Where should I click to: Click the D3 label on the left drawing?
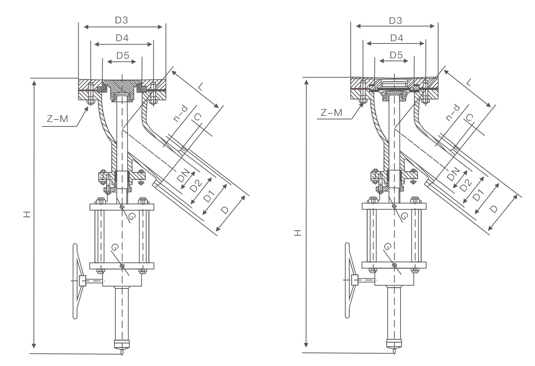(x=122, y=20)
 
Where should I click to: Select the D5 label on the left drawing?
(x=123, y=56)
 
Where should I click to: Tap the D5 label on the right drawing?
(x=396, y=55)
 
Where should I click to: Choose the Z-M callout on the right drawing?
(x=331, y=113)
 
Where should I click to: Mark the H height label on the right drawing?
(x=298, y=233)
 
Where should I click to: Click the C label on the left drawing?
(x=197, y=118)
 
